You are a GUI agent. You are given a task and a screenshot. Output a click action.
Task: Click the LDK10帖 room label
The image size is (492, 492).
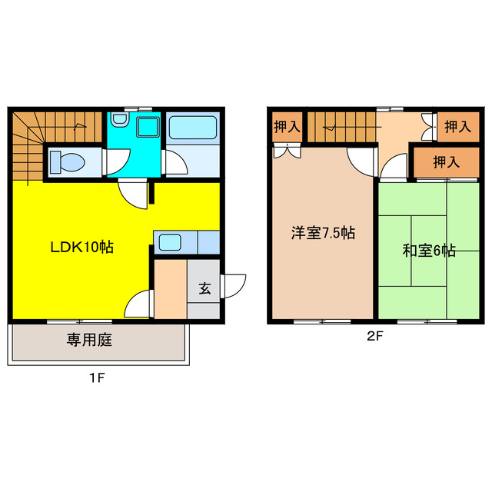pos(82,248)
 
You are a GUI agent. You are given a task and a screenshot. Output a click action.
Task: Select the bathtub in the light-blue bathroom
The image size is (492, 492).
pos(193,127)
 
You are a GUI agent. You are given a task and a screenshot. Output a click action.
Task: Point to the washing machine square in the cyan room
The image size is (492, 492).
pos(147,127)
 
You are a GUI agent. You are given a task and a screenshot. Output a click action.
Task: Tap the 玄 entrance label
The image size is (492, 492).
pos(204,289)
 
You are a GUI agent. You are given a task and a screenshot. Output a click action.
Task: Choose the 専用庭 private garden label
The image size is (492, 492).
pos(89,339)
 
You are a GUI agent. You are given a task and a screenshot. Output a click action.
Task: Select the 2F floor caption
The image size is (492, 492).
pos(374,335)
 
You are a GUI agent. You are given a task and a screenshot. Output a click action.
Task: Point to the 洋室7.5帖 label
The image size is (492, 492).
pos(322,233)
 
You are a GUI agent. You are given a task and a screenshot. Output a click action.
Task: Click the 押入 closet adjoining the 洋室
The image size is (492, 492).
pos(287,126)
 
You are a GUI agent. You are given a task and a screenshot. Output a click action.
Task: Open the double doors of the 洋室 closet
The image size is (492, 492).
pos(286,151)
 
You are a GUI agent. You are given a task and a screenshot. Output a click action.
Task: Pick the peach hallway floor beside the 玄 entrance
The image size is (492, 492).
pos(170,291)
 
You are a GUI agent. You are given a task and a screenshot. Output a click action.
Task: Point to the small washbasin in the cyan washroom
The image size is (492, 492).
pos(118,121)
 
